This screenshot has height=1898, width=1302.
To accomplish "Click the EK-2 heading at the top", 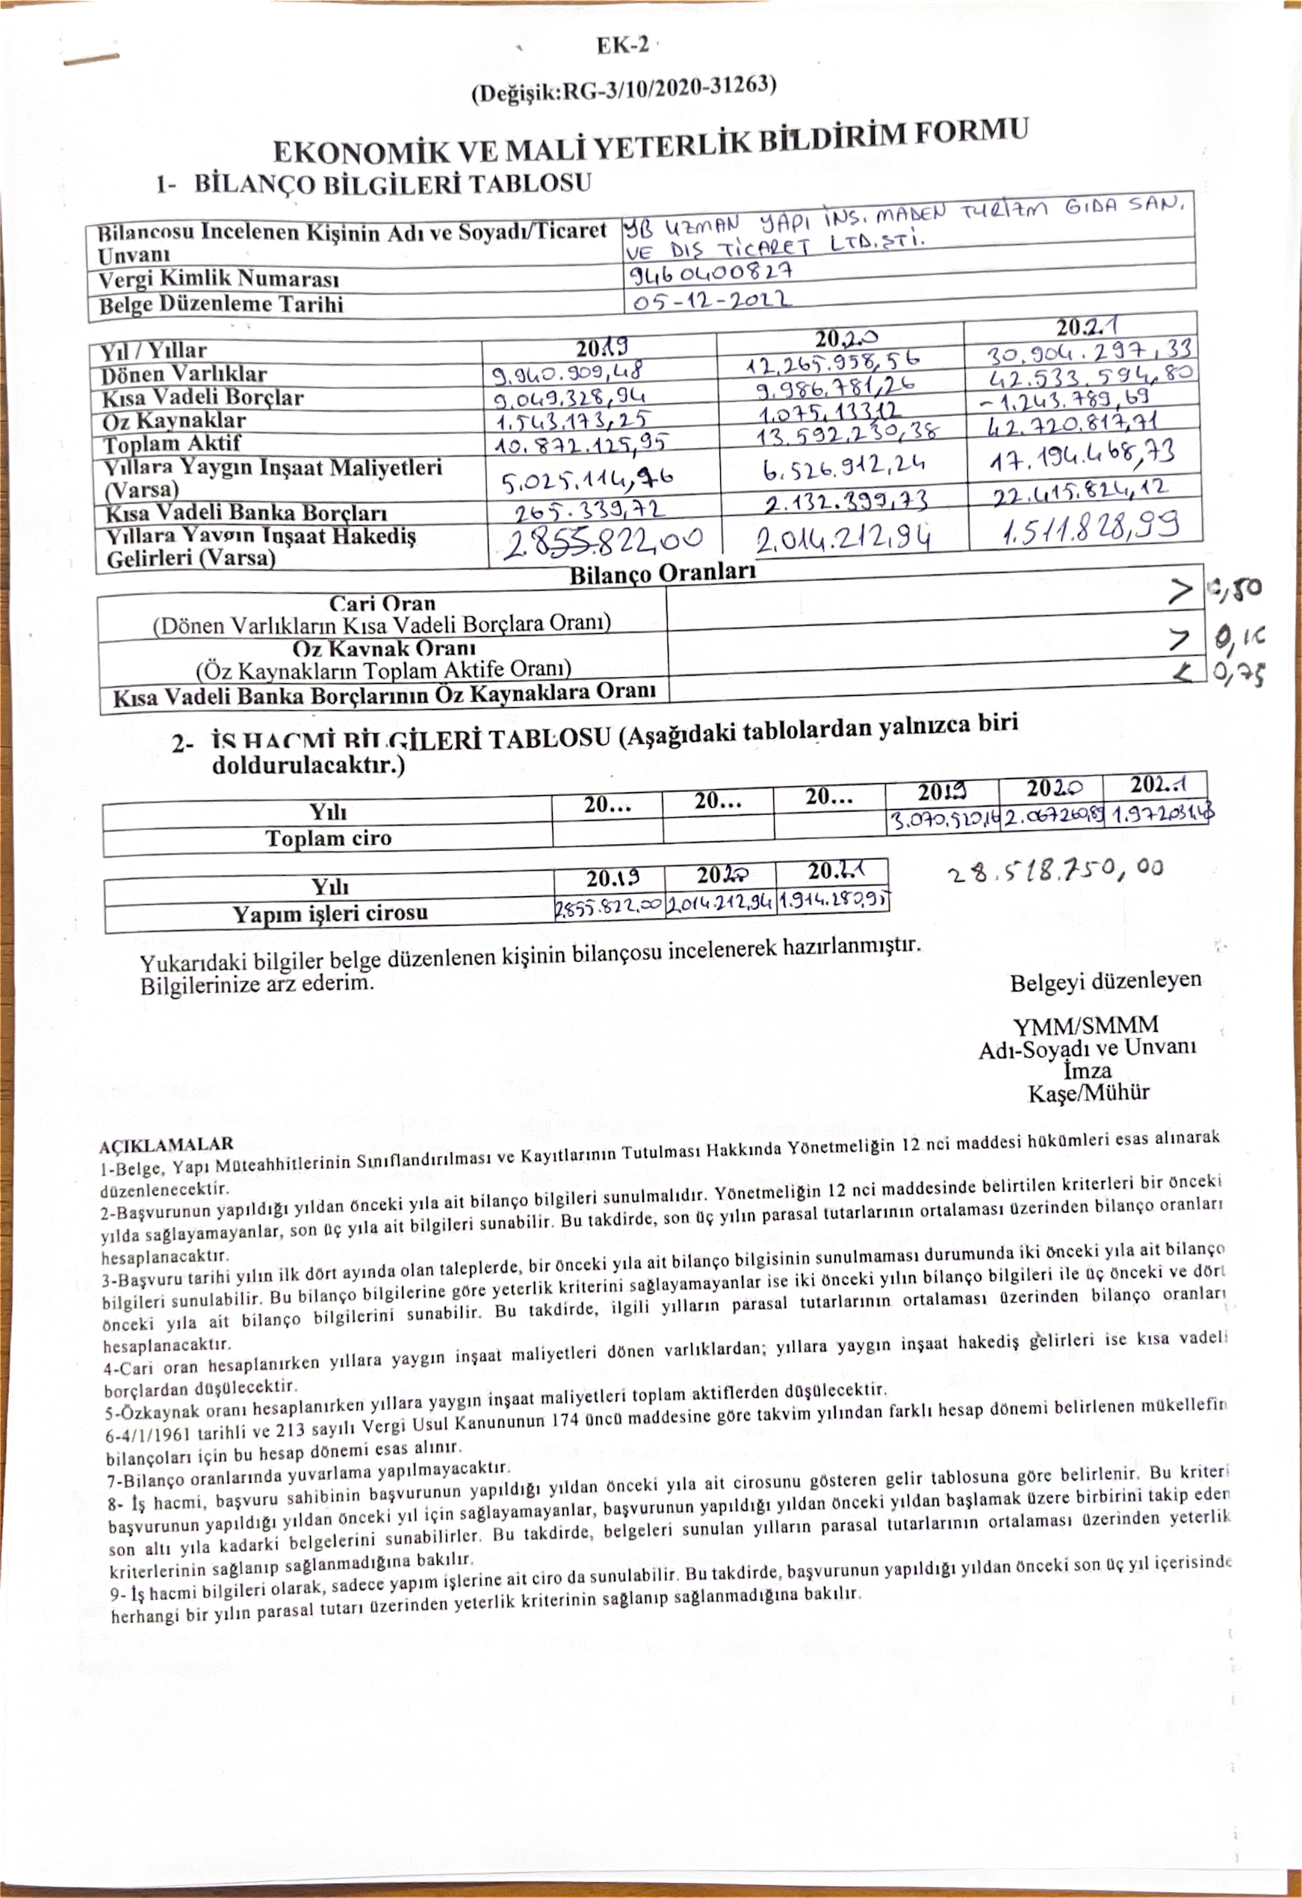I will [622, 45].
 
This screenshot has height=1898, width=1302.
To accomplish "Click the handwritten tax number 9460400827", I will [711, 272].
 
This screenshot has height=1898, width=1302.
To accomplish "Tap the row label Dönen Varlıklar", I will [184, 375].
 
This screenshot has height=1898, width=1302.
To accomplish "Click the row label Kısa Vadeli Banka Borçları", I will [246, 513].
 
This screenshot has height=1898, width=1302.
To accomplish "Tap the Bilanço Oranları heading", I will [662, 573].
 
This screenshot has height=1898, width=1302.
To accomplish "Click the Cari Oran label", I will [382, 603].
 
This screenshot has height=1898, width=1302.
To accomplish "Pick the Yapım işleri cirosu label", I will [330, 913].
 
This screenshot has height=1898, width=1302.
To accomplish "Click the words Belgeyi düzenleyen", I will [1105, 981].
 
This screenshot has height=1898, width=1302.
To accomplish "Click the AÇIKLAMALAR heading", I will [167, 1144].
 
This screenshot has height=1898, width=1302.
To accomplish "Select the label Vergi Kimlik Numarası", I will [218, 280].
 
